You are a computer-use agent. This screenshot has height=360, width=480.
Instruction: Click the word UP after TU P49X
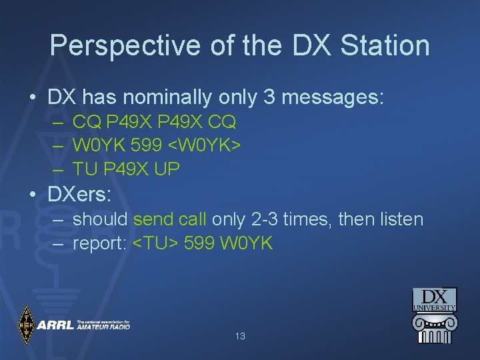pos(167,169)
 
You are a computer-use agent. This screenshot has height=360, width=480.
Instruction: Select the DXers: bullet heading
pos(79,194)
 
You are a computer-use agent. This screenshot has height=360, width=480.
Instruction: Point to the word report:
pos(100,243)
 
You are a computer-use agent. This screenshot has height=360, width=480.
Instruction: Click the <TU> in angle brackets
pos(157,243)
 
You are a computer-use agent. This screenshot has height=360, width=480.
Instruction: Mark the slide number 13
pos(240,337)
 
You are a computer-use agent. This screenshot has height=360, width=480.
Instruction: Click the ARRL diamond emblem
pos(26,325)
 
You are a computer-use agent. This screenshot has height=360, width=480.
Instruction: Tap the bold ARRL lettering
pos(55,325)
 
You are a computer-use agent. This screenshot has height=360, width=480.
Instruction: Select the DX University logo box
pos(434,299)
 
